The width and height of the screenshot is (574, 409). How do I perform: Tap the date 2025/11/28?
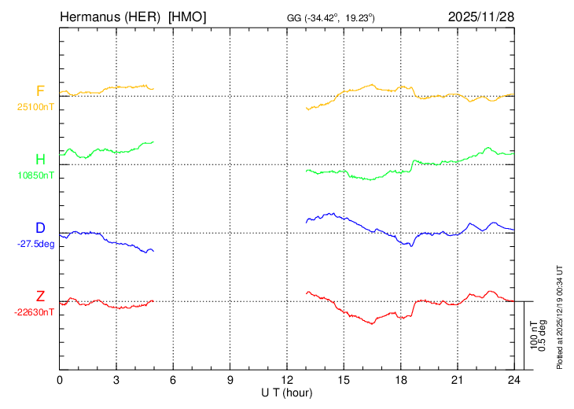tap(480, 17)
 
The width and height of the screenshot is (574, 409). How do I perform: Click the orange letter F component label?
tap(40, 90)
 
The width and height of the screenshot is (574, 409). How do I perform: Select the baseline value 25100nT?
tap(35, 107)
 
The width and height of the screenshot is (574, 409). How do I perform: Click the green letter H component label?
tap(40, 160)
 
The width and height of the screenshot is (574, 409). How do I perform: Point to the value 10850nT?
tap(35, 176)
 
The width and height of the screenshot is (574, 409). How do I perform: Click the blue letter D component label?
tap(40, 228)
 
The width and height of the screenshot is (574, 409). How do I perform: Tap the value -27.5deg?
tap(35, 245)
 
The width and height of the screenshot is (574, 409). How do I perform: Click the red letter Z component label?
tap(40, 296)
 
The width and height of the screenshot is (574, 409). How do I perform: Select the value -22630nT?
tap(35, 312)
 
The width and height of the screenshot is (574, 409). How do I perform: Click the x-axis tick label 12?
tap(287, 381)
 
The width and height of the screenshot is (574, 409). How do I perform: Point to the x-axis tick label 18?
tap(400, 381)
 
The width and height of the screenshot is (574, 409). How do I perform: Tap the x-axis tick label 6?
tap(173, 381)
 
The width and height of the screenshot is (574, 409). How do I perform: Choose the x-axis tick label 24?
tap(513, 381)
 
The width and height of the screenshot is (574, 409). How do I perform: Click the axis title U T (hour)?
tap(287, 392)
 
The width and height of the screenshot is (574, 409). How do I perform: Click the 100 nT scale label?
tap(533, 334)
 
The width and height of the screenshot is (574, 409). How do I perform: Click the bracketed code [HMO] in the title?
tap(188, 17)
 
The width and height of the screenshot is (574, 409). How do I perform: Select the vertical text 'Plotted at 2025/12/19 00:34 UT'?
tap(560, 315)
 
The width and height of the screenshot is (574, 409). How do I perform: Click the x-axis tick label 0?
tap(60, 381)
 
